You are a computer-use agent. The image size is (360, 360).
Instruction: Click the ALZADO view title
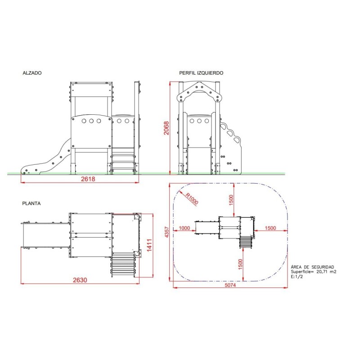coord(32,73)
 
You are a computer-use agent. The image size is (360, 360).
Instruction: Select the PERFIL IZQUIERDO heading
coord(201,73)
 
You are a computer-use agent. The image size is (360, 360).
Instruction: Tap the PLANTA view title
coord(31,203)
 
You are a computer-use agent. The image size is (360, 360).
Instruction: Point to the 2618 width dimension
coord(88,179)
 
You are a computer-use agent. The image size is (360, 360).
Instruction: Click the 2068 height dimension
coord(166,128)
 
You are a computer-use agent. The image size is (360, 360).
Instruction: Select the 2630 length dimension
coord(80,280)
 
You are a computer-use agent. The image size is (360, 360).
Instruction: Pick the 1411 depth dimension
coord(149,245)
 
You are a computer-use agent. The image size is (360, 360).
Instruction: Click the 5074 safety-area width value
coord(230,285)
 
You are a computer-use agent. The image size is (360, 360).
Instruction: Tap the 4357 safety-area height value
coord(167,232)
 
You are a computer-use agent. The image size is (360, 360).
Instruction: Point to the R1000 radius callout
coord(192,199)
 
